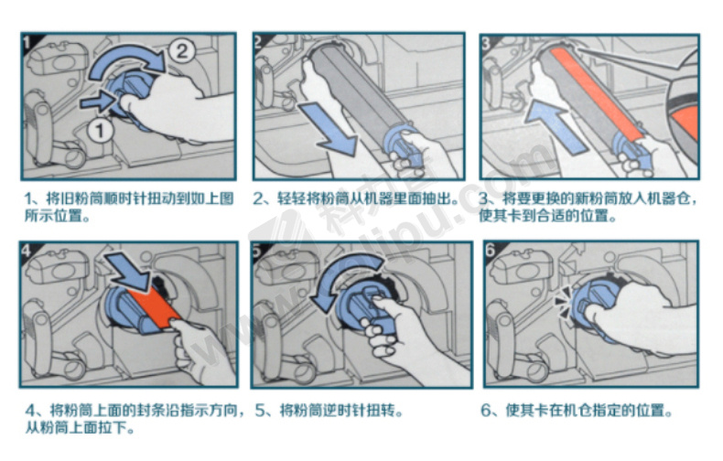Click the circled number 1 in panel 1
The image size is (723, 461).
[x=100, y=131]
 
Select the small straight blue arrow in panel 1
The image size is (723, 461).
[x=97, y=101]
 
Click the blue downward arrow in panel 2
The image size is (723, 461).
[x=329, y=127]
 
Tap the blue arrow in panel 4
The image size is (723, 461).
[x=128, y=271]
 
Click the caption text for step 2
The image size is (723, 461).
[x=356, y=199]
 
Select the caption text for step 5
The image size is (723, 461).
[x=329, y=411]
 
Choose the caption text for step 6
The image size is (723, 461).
[x=577, y=410]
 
